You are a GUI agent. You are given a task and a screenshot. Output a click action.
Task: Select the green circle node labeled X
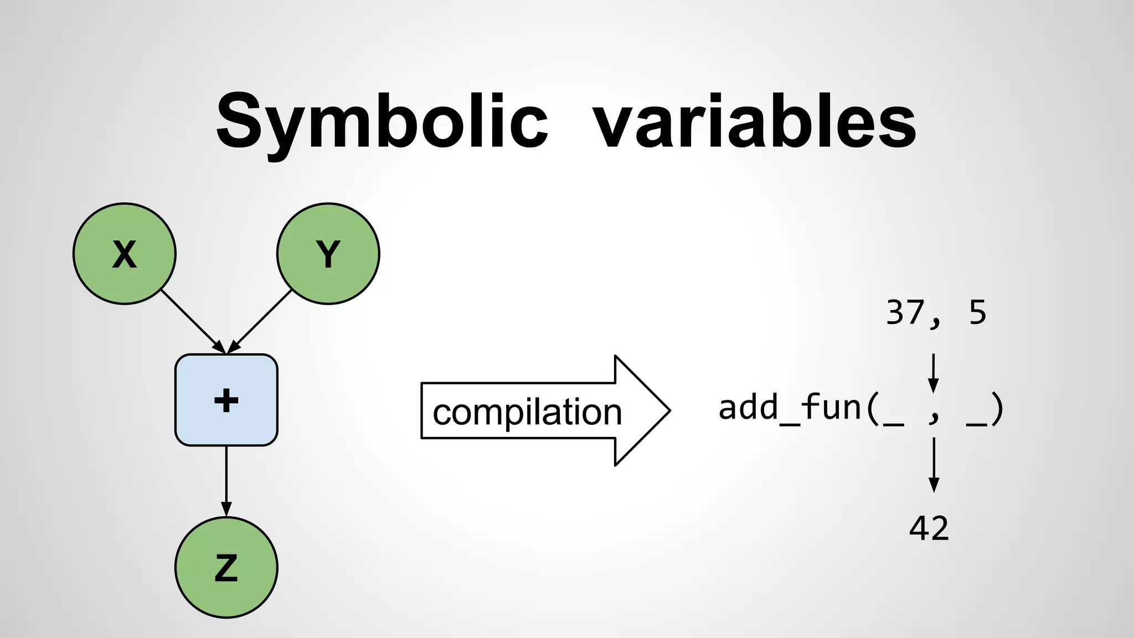point(125,254)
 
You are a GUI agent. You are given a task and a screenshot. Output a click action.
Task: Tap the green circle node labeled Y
point(328,254)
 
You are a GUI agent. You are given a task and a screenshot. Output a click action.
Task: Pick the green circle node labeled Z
point(226,568)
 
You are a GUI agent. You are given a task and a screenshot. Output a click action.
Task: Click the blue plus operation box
point(226,400)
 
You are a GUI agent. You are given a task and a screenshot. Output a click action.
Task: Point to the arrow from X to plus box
point(192,320)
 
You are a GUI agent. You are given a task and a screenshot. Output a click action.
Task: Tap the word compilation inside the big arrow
point(527,412)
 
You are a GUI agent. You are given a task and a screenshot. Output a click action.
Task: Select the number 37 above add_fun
point(906,312)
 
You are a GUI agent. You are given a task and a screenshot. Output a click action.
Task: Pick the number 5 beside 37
point(978,312)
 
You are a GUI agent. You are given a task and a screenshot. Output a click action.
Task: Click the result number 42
point(929,528)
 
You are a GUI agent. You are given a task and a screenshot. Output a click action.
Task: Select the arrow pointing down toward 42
point(934,465)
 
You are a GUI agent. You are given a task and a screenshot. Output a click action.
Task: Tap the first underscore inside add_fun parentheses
point(894,423)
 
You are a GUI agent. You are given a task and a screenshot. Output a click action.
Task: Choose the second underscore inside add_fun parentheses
point(976,423)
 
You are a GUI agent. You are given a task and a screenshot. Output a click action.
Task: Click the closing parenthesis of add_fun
point(997,410)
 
